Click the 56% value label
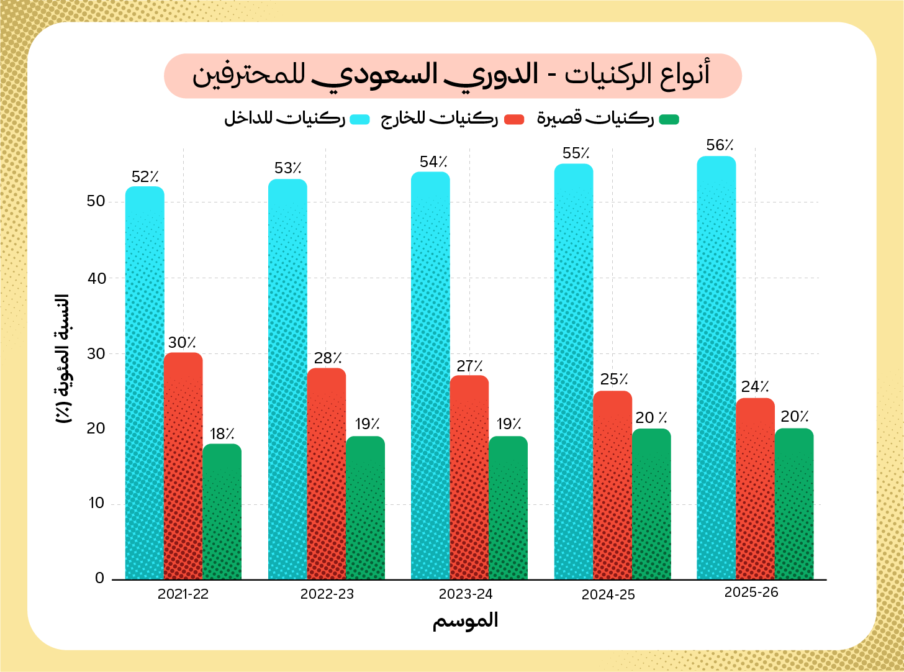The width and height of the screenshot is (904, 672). tap(720, 145)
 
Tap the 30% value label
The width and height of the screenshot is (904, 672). tap(182, 342)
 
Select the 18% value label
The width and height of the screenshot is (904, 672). tap(222, 434)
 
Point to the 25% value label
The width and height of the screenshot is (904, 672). tap(614, 379)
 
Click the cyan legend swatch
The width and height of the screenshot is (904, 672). tap(359, 119)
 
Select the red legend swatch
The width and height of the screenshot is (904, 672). tap(514, 119)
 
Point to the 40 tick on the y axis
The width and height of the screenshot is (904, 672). tap(97, 278)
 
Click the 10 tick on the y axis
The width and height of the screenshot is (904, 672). tap(97, 503)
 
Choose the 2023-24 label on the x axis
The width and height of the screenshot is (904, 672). tap(466, 594)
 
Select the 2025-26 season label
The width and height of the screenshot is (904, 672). tap(751, 593)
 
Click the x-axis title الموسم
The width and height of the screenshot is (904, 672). tap(466, 620)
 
